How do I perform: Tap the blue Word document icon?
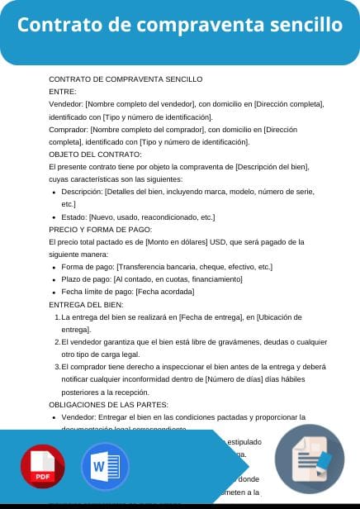(x=106, y=468)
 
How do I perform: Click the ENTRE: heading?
(x=63, y=92)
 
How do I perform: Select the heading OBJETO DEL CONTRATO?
(x=95, y=155)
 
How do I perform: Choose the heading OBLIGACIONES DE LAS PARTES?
(x=109, y=404)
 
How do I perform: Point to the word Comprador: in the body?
(x=69, y=130)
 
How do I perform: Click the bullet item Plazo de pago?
(x=151, y=279)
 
